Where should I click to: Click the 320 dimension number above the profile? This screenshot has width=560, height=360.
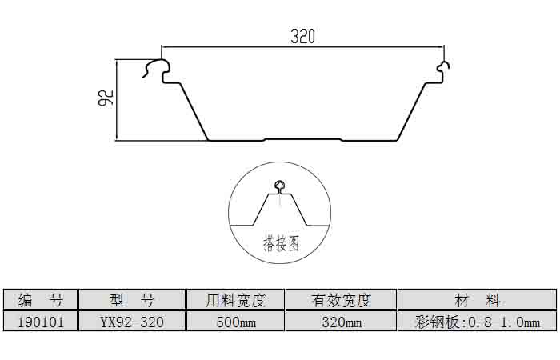pyautogui.click(x=302, y=36)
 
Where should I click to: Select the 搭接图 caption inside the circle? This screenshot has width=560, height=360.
pyautogui.click(x=281, y=243)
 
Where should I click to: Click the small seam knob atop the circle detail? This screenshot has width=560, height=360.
pyautogui.click(x=279, y=186)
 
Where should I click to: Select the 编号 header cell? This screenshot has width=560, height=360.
pyautogui.click(x=40, y=300)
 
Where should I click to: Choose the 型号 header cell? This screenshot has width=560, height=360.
pyautogui.click(x=132, y=300)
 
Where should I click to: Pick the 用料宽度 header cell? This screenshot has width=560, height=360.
pyautogui.click(x=235, y=300)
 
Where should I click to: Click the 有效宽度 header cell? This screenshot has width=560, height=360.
pyautogui.click(x=341, y=300)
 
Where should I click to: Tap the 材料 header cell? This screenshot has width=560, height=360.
pyautogui.click(x=477, y=300)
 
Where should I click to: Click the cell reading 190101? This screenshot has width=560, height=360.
pyautogui.click(x=40, y=322)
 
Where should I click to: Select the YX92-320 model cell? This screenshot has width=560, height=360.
pyautogui.click(x=132, y=322)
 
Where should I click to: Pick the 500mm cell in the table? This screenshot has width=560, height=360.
pyautogui.click(x=235, y=322)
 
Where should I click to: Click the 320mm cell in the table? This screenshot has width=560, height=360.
pyautogui.click(x=341, y=322)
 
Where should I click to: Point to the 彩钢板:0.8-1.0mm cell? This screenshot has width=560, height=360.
pyautogui.click(x=477, y=322)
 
